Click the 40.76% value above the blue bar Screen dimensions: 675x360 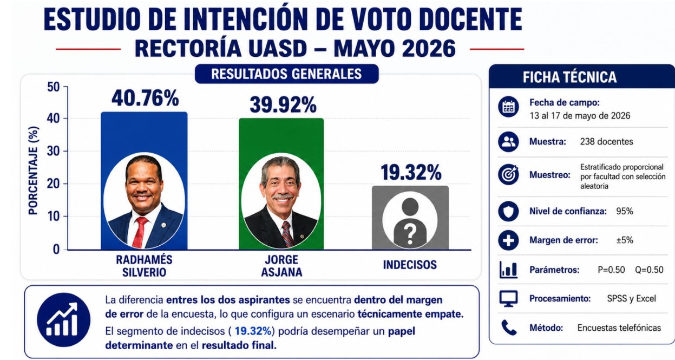click(x=145, y=98)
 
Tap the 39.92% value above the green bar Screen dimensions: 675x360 click(x=283, y=104)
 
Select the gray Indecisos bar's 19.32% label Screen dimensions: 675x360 click(x=411, y=172)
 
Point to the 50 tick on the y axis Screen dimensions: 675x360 click(x=54, y=87)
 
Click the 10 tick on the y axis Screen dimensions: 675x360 click(x=54, y=217)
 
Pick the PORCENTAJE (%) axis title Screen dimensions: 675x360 click(x=33, y=171)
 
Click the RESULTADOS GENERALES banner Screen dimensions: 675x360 click(x=286, y=74)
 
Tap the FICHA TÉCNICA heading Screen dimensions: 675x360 click(x=569, y=77)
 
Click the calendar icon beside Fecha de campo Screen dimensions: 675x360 click(x=508, y=107)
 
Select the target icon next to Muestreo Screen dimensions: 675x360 click(x=508, y=174)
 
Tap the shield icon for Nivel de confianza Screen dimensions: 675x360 click(x=508, y=211)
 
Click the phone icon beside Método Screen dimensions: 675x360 click(x=508, y=328)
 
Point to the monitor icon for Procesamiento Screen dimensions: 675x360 click(x=508, y=298)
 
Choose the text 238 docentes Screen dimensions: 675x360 click(x=606, y=142)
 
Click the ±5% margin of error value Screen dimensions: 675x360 click(x=624, y=240)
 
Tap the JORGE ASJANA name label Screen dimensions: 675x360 click(x=281, y=266)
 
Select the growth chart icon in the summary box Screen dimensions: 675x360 click(x=63, y=319)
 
